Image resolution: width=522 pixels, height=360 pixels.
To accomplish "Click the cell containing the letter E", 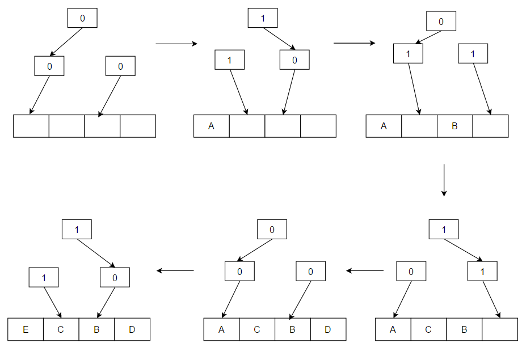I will [x=26, y=329].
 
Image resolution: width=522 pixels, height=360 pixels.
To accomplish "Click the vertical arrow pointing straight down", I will [x=444, y=180].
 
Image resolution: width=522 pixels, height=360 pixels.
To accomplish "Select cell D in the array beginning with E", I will [x=132, y=329].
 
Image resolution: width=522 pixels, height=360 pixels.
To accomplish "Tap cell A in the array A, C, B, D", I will [x=221, y=329].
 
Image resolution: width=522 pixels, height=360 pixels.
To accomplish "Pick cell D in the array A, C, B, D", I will [x=328, y=329].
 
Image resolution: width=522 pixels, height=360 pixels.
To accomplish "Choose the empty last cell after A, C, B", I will [x=500, y=329].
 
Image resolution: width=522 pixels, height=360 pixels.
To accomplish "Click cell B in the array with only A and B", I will [x=454, y=126].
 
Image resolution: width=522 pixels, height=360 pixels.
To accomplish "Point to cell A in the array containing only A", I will [x=211, y=126].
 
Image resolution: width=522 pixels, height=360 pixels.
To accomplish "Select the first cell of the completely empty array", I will [x=31, y=126].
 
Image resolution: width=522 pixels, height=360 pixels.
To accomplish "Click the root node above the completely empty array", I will [x=82, y=18].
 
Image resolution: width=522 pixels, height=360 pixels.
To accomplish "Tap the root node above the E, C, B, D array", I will [x=76, y=229].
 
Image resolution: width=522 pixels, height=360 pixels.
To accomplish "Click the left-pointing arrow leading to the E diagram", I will [x=175, y=270].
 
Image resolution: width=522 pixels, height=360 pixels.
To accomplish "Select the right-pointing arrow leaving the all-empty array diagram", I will [x=176, y=44].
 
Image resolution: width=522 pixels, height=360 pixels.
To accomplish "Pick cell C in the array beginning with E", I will [x=61, y=329].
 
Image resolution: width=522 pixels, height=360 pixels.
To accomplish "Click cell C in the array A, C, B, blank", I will [x=428, y=329].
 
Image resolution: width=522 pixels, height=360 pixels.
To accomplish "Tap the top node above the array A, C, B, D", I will [x=272, y=229].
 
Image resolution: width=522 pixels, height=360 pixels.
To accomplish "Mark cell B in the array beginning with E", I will [x=96, y=329].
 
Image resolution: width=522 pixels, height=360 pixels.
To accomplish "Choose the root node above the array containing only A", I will [x=263, y=18].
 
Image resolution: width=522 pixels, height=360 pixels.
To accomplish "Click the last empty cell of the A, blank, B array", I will [x=490, y=126].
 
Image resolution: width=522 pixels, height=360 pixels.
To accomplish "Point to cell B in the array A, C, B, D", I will [x=292, y=329].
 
